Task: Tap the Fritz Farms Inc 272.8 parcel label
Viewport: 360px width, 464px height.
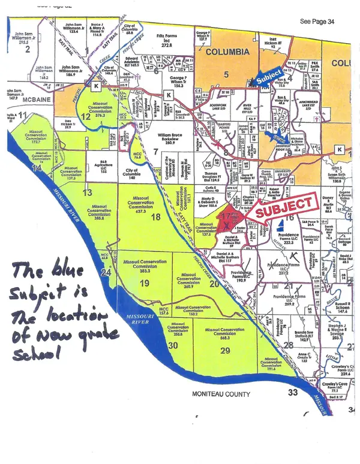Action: [x=170, y=41]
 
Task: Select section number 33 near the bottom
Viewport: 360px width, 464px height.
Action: [x=292, y=393]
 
